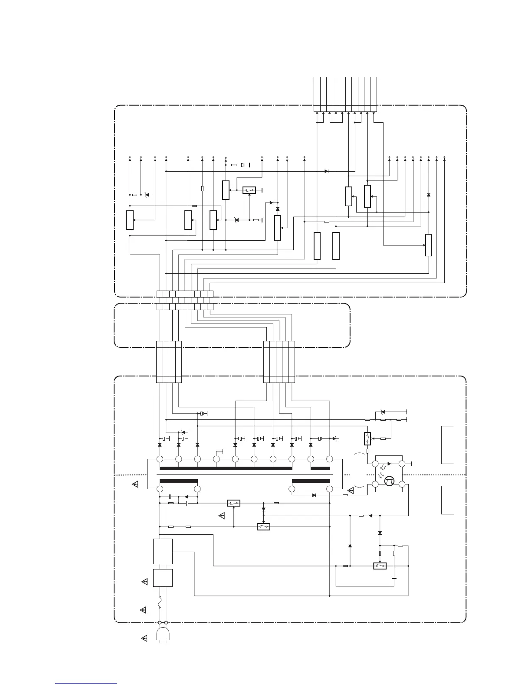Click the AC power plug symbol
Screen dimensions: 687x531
tap(163, 635)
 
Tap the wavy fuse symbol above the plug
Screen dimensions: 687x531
tap(161, 602)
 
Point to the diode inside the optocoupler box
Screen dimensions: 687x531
tap(389, 464)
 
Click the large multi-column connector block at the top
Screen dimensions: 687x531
tap(345, 94)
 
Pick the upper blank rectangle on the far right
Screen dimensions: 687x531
tap(448, 445)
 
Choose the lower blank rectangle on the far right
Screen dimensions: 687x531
tap(448, 500)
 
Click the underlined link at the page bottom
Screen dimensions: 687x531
tap(86, 683)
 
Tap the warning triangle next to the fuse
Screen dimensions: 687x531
tap(143, 610)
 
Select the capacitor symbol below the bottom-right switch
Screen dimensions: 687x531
tap(394, 578)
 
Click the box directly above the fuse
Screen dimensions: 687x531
tap(163, 578)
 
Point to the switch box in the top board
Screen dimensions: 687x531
tap(249, 190)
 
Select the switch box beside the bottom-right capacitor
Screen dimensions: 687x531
tap(380, 566)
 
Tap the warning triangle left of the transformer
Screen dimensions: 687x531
tap(135, 484)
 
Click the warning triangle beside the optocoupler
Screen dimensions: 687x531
tap(351, 491)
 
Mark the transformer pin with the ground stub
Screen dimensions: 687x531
tap(216, 459)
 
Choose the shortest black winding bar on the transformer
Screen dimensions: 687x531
tap(320, 468)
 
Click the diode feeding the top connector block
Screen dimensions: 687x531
tap(326, 171)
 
